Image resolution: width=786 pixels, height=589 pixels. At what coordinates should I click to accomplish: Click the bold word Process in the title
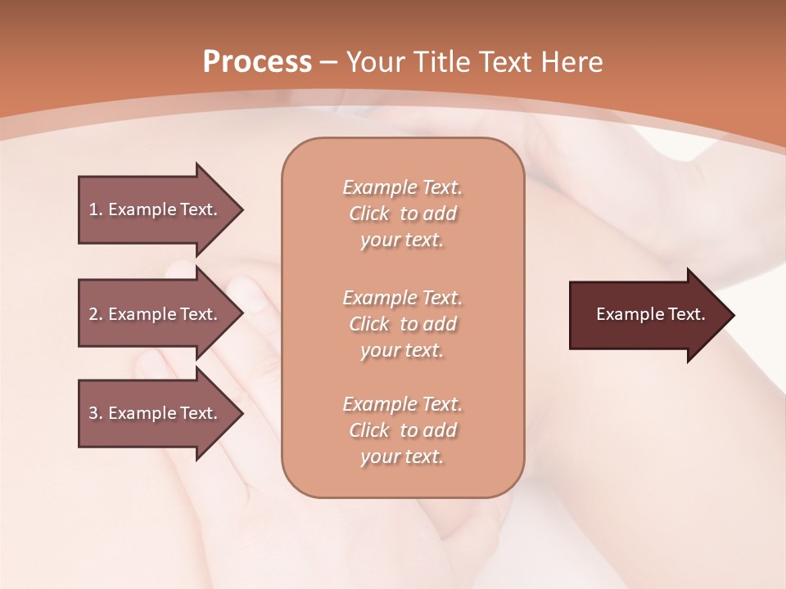coord(257,62)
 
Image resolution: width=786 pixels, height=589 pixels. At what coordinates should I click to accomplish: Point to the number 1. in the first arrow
coord(96,209)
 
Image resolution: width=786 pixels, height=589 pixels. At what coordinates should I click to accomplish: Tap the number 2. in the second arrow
coord(96,314)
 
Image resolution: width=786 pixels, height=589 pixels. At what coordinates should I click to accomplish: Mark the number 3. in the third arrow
coord(96,413)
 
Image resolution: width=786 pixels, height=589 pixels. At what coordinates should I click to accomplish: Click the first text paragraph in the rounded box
coord(402,214)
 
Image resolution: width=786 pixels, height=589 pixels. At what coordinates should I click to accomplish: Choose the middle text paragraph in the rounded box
coord(402,324)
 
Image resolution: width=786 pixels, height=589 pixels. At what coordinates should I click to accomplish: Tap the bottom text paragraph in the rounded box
coord(402,430)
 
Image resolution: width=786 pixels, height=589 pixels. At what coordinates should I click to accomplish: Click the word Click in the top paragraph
coord(369,214)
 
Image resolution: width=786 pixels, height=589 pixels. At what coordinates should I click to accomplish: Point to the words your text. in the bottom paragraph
coord(402,457)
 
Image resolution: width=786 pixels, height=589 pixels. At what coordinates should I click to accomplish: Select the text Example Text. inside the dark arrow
coord(651,314)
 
